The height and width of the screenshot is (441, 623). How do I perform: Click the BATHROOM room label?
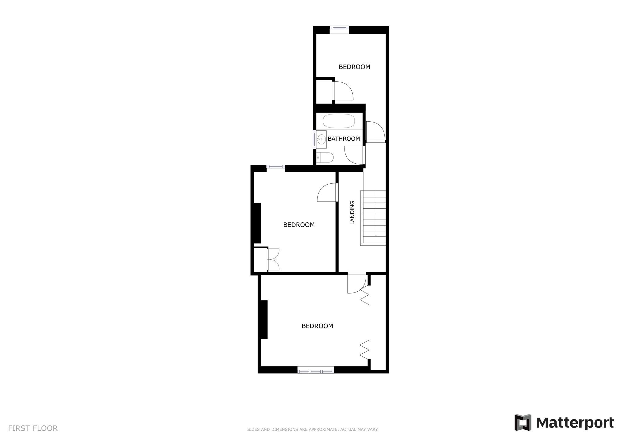click(344, 139)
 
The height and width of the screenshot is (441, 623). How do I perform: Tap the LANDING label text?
click(352, 213)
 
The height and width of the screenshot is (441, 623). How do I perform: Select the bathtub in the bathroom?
click(339, 121)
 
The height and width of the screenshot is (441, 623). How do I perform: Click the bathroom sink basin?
click(321, 139)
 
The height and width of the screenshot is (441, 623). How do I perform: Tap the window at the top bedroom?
click(339, 29)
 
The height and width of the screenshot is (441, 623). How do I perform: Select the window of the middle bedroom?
click(276, 167)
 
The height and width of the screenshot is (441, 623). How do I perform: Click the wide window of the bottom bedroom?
click(316, 371)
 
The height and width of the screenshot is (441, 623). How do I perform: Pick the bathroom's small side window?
click(314, 138)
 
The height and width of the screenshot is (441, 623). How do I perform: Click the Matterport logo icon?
click(523, 423)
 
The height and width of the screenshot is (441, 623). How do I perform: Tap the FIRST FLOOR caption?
click(33, 428)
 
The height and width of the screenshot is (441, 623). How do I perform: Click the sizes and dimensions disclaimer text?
click(313, 429)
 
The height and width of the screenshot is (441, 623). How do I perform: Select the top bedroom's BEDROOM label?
click(354, 67)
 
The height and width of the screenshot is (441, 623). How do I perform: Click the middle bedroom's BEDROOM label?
click(299, 225)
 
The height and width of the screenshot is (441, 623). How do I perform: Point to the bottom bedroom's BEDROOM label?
click(317, 326)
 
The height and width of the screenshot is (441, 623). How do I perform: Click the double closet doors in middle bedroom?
click(273, 259)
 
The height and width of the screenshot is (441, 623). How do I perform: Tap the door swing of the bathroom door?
click(354, 155)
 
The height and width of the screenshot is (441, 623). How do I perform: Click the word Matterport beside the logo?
click(575, 423)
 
